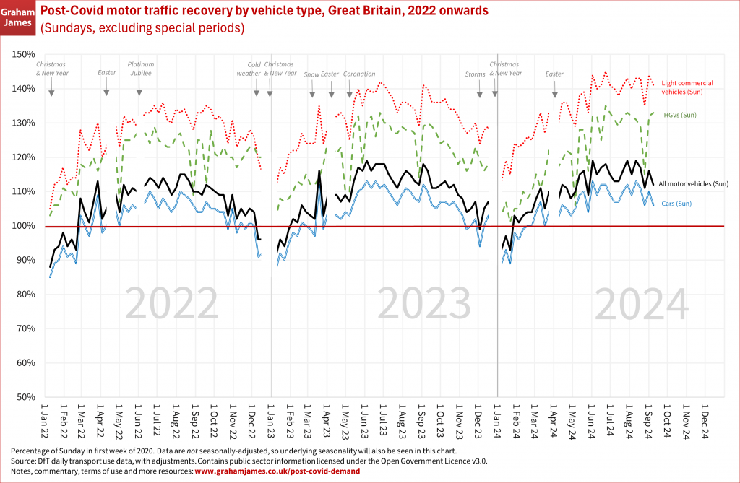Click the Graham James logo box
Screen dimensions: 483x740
[19, 17]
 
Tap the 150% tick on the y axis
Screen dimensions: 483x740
[25, 54]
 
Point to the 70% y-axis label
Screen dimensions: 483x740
[25, 328]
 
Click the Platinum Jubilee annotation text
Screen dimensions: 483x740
[141, 69]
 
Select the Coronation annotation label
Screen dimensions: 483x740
[358, 74]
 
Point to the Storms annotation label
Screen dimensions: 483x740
[476, 74]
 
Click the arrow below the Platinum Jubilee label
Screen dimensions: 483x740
[139, 92]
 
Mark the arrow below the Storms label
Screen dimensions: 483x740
[481, 92]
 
